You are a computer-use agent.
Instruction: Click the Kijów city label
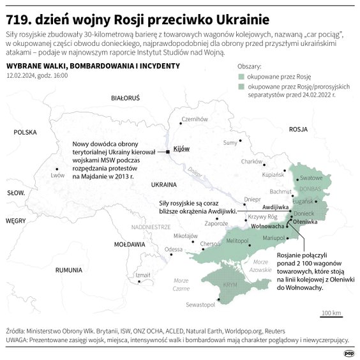point(182,148)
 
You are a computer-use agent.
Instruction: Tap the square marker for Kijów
point(168,152)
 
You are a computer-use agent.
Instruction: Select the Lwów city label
point(59,174)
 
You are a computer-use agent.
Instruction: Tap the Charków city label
point(252,161)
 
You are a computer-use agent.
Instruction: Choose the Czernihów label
point(195,119)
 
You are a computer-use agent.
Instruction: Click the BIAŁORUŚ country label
point(125,99)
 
